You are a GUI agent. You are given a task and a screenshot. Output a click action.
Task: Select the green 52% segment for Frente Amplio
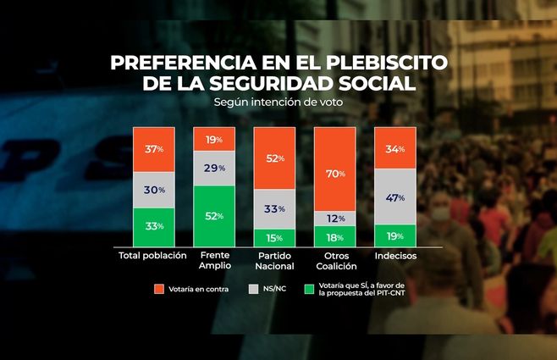(x=213, y=216)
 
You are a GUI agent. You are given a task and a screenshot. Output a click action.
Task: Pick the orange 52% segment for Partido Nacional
(x=274, y=158)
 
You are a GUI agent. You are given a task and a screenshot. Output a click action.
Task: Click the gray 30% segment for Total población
(x=153, y=190)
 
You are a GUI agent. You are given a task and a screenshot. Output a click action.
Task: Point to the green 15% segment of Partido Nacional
(x=274, y=238)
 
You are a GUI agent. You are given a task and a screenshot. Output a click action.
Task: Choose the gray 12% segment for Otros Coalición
(x=334, y=219)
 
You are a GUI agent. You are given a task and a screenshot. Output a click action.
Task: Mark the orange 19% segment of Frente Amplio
(x=213, y=139)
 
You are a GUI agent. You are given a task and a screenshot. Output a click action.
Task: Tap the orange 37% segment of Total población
(x=153, y=149)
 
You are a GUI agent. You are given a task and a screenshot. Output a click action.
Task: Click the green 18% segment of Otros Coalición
(x=334, y=237)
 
